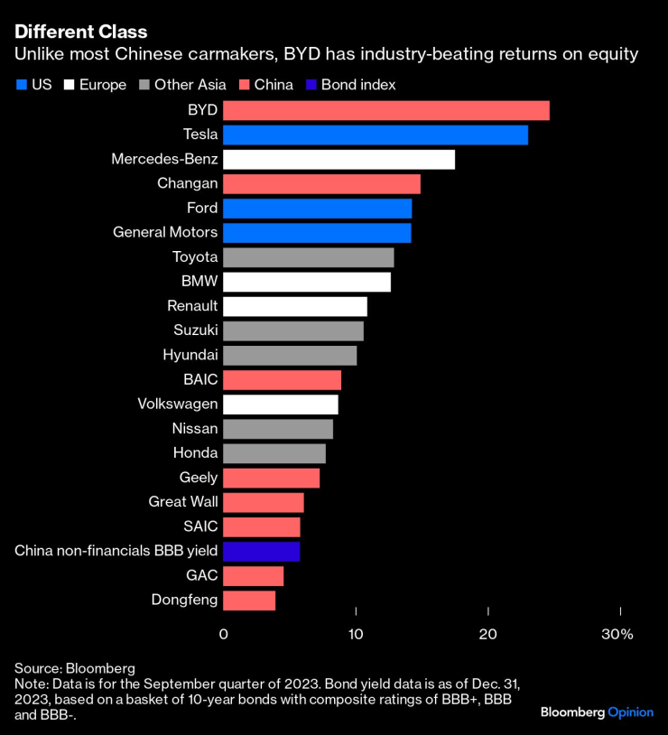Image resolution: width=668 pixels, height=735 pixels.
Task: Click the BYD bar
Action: (x=385, y=111)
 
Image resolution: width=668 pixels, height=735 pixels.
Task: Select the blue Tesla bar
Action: (x=375, y=135)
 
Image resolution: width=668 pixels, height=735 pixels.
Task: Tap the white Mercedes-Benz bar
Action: (x=339, y=160)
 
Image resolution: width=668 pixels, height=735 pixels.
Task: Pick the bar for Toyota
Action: (x=308, y=257)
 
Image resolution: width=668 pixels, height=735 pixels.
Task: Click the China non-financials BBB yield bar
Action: (x=261, y=551)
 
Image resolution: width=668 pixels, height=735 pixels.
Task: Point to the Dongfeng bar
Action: (x=249, y=600)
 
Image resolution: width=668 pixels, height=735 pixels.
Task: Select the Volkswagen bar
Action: (x=280, y=404)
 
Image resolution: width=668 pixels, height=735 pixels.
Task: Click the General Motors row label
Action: (x=164, y=232)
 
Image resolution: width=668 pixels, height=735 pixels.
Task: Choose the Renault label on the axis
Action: (x=192, y=306)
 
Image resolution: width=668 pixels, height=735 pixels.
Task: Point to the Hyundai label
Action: (x=190, y=355)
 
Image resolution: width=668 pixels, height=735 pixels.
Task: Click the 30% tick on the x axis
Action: (x=618, y=635)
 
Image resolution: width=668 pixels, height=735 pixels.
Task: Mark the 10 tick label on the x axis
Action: (x=356, y=635)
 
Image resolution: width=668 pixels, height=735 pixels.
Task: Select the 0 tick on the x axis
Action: (x=224, y=635)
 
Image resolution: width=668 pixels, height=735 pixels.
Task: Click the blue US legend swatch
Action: (x=22, y=86)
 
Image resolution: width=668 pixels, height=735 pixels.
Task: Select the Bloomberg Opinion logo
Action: (x=597, y=712)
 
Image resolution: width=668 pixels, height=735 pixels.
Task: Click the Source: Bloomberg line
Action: (x=75, y=668)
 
